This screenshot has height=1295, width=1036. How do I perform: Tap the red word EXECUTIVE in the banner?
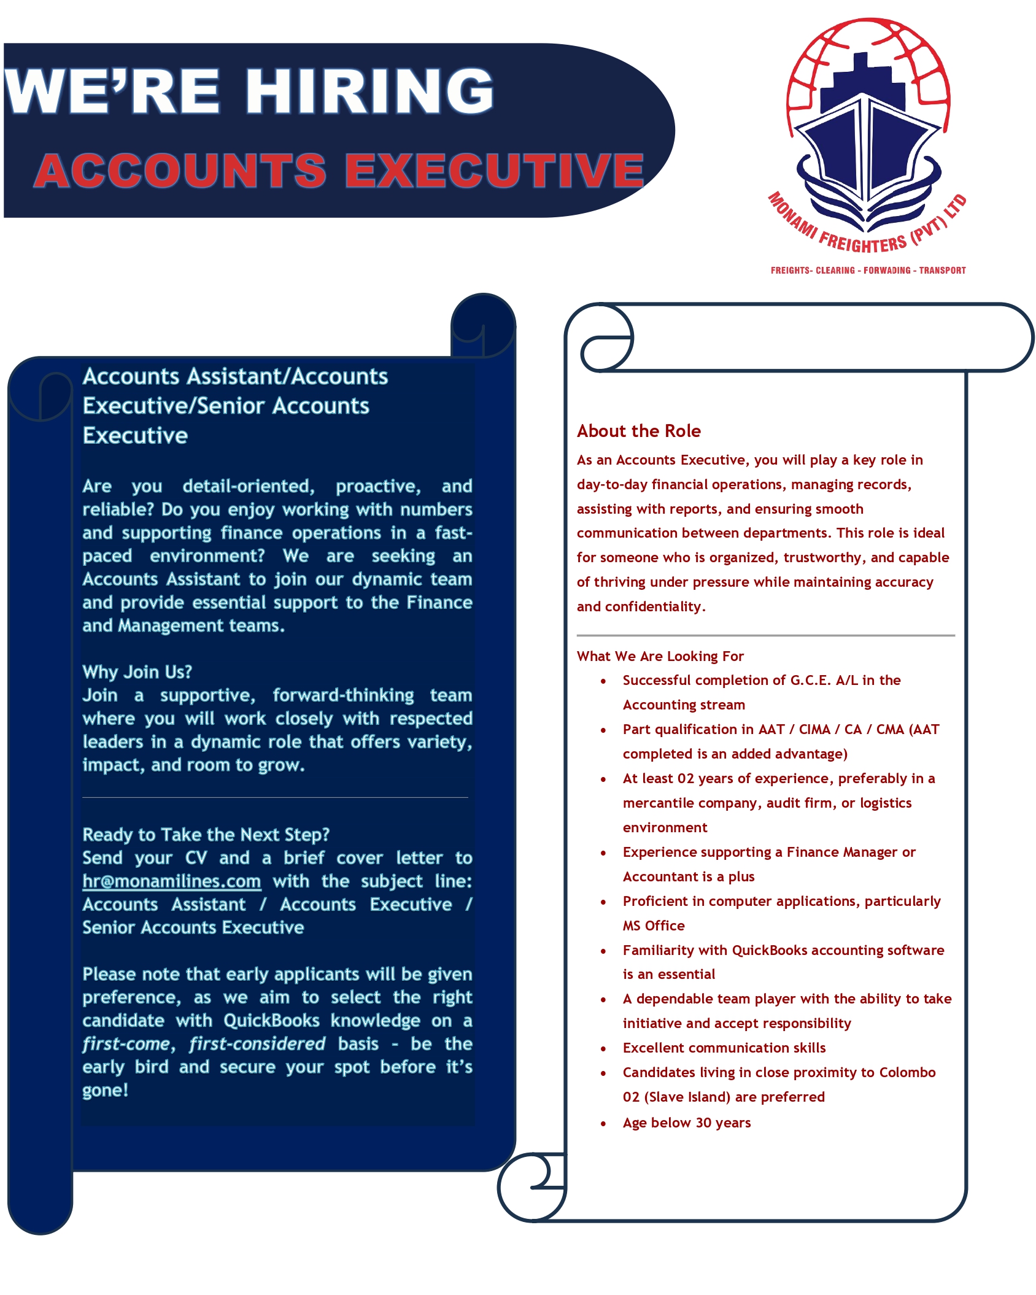pyautogui.click(x=494, y=170)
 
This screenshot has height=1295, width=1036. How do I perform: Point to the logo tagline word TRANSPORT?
pyautogui.click(x=942, y=270)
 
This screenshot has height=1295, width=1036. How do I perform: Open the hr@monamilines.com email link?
pyautogui.click(x=172, y=881)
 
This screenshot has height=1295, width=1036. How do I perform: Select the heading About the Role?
pyautogui.click(x=638, y=431)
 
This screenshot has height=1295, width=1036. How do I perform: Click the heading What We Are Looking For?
pyautogui.click(x=660, y=656)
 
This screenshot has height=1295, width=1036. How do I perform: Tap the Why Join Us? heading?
pyautogui.click(x=137, y=672)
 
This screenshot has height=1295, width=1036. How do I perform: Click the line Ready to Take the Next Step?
pyautogui.click(x=206, y=835)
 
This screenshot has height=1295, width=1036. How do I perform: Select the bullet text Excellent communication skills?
pyautogui.click(x=724, y=1048)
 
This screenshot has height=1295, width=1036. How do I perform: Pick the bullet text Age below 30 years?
pyautogui.click(x=686, y=1123)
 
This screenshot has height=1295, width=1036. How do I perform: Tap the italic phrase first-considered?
pyautogui.click(x=257, y=1044)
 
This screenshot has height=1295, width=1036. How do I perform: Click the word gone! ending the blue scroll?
pyautogui.click(x=105, y=1091)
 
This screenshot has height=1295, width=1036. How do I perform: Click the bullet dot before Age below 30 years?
pyautogui.click(x=603, y=1124)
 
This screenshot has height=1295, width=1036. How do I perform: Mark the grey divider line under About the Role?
pyautogui.click(x=765, y=635)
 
